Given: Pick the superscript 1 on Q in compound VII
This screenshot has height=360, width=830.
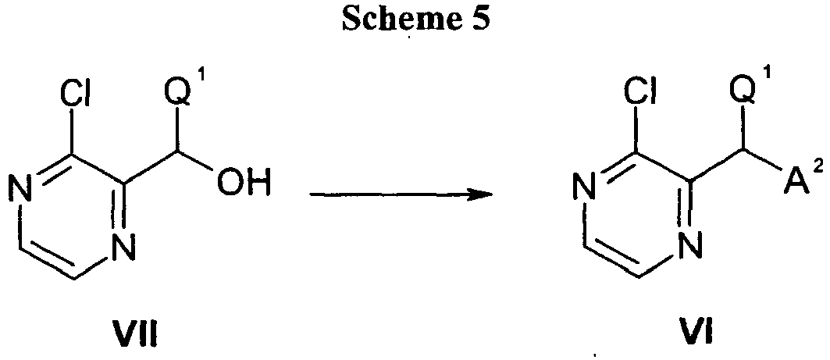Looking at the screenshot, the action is point(207,84).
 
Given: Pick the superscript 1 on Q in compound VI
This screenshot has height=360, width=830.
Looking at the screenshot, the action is point(771,84).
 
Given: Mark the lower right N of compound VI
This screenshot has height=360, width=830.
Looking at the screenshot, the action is point(686,247).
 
